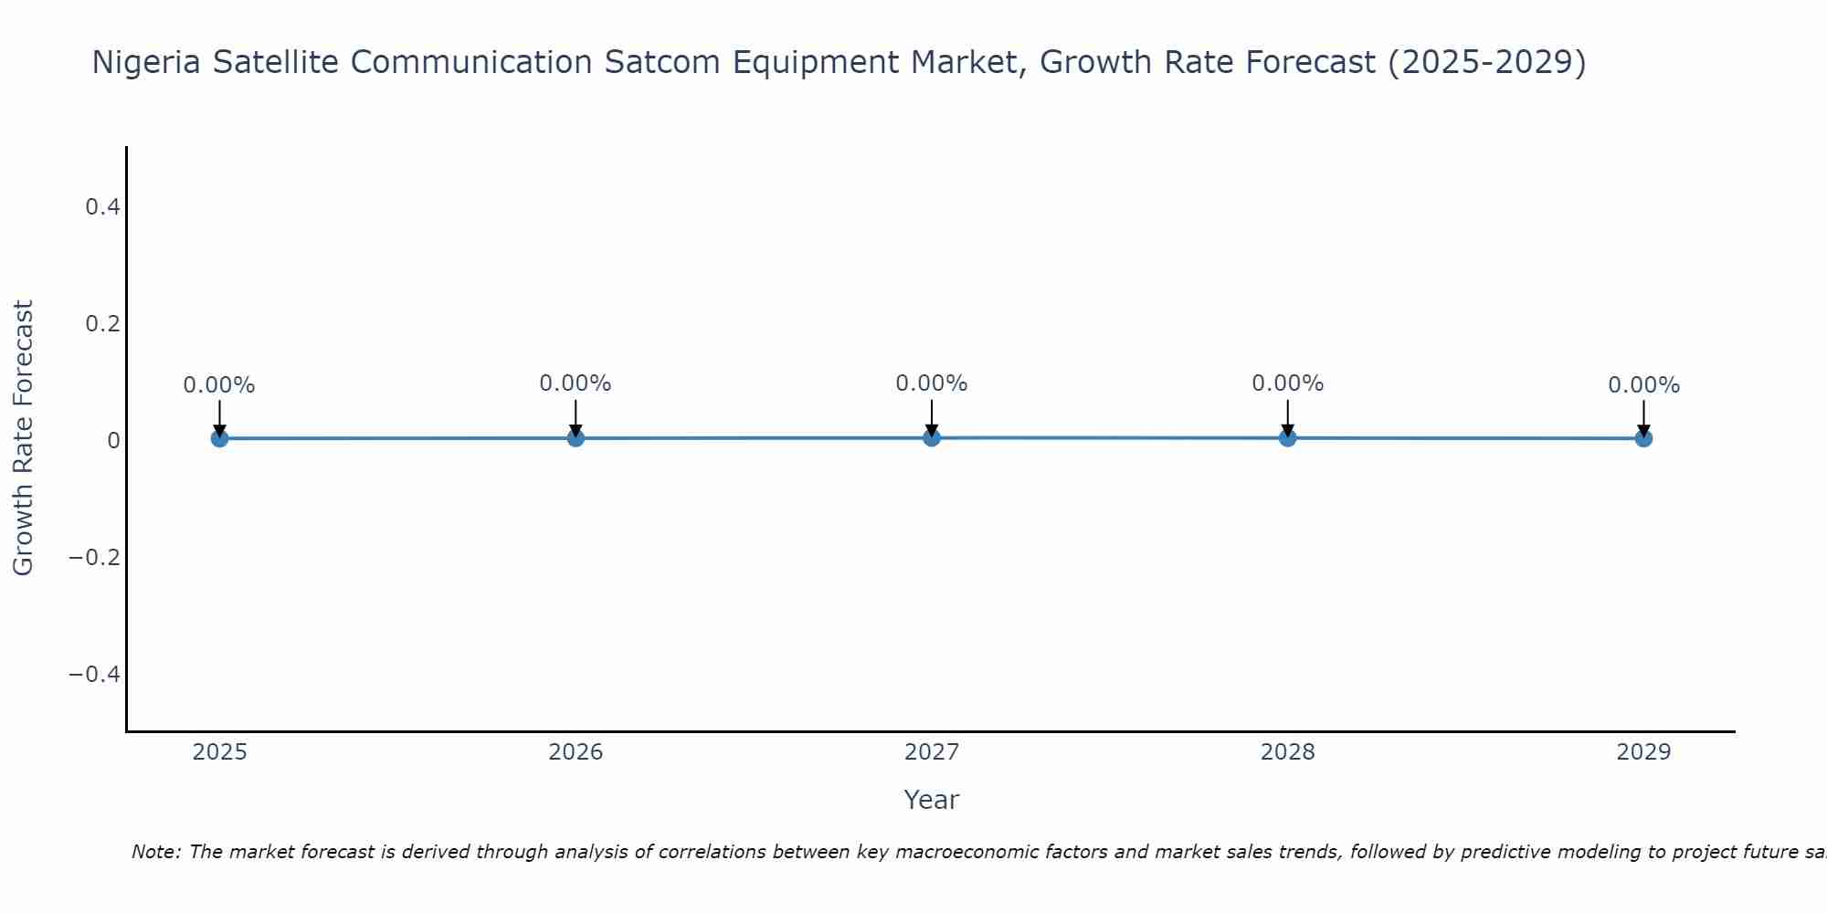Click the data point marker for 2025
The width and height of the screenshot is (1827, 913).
tap(219, 438)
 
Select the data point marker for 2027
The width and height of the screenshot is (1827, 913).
tap(932, 437)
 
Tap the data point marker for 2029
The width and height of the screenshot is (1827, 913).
tap(1643, 438)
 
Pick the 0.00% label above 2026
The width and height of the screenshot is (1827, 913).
tap(575, 383)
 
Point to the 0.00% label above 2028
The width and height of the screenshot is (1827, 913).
tap(1287, 383)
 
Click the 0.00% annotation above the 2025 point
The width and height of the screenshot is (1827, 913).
tap(219, 385)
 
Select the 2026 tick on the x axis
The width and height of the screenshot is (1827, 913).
tap(576, 752)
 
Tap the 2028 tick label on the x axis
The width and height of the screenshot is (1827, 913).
tap(1287, 752)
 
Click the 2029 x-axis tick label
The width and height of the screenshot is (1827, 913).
tap(1643, 752)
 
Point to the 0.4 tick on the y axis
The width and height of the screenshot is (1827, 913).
tap(102, 207)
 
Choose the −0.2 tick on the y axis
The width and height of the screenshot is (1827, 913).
tap(95, 557)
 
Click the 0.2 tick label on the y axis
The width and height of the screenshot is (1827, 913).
tap(102, 324)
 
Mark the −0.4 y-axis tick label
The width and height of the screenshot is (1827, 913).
tap(95, 674)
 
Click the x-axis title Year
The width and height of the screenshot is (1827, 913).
tap(931, 800)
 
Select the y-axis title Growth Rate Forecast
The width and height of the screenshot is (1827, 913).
tap(23, 438)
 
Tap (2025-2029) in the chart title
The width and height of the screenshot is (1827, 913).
tap(1486, 63)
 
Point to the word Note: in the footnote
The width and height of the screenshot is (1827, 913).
tap(156, 852)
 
